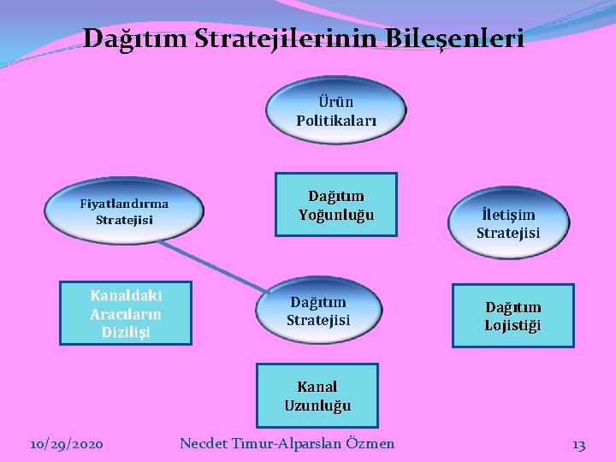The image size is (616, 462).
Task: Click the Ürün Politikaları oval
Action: (335, 111)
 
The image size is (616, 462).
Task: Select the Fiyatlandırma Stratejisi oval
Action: (125, 212)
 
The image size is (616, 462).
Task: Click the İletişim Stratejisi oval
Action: (508, 223)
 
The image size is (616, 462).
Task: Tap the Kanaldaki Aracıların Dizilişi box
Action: (126, 313)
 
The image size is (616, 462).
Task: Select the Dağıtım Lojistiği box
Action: (512, 316)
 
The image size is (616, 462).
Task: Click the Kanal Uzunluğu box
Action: (317, 395)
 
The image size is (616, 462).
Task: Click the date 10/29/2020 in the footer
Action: (66, 443)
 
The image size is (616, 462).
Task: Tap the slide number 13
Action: (578, 443)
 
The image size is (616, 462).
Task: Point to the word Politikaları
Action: (335, 121)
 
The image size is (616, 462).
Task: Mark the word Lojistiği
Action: (512, 325)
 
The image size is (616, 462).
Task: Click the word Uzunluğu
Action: (317, 405)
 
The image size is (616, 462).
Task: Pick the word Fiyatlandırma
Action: (124, 204)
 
